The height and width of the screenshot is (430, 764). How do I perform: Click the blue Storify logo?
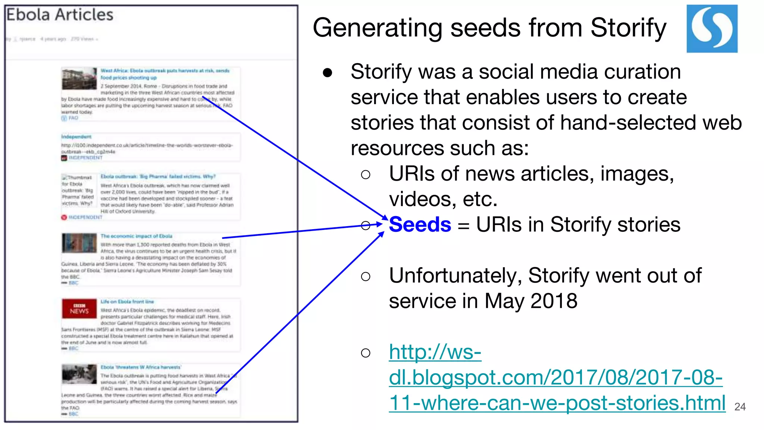pos(712,29)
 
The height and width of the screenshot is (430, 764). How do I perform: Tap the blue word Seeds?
pos(420,225)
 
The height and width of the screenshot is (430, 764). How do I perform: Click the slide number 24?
pos(739,406)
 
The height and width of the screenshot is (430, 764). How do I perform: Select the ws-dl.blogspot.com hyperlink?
pos(555,377)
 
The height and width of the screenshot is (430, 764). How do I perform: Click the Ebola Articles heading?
pos(60,15)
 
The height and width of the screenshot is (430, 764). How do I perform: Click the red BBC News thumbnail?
pos(79,309)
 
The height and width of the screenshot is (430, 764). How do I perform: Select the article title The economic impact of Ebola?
pos(136,236)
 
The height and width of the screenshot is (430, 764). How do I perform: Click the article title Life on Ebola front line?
pos(127,302)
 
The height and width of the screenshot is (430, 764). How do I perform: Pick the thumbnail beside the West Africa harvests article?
pos(79,78)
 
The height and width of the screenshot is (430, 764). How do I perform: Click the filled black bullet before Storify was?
pos(328,72)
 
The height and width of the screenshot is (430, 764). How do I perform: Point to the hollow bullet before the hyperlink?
pos(366,353)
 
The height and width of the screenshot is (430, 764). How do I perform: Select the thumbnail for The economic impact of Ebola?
pos(79,243)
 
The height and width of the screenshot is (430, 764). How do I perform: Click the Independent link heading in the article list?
pos(76,137)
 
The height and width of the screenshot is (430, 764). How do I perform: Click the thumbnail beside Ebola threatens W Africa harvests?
pos(79,374)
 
